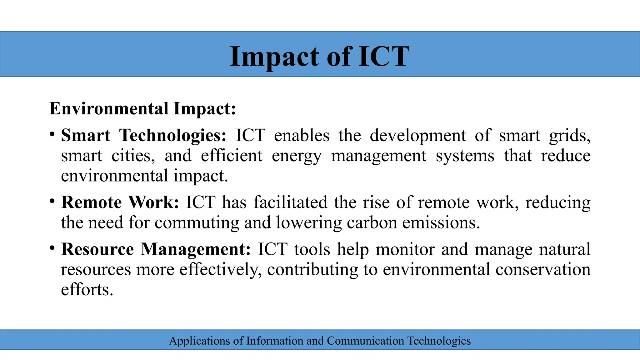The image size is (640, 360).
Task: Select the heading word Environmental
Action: tap(109, 109)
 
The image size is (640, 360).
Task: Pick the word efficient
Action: tap(231, 156)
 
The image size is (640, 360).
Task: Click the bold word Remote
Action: tap(91, 202)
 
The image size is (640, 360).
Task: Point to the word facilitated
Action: tap(290, 202)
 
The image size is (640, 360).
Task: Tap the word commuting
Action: tap(197, 223)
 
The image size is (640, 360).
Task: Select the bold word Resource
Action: tap(97, 249)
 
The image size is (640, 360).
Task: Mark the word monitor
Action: tap(405, 249)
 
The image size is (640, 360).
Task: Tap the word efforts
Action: tap(87, 289)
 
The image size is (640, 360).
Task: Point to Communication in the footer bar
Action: tap(365, 341)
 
